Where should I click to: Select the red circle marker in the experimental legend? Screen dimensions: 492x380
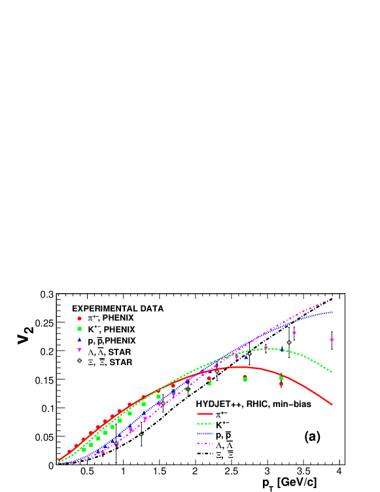point(80,318)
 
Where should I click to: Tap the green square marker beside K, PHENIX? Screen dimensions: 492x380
point(80,329)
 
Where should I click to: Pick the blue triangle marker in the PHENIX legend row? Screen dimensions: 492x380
point(80,340)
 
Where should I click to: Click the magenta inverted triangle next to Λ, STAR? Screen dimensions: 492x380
point(80,351)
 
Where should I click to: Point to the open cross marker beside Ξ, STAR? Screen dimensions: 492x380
point(80,361)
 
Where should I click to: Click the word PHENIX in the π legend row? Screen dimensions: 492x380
point(118,319)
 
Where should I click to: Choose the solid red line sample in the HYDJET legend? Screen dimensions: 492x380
point(205,414)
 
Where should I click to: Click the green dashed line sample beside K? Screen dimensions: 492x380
point(205,425)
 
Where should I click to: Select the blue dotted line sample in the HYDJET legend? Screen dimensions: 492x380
point(205,435)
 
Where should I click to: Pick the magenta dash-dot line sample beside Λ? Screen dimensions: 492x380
point(205,446)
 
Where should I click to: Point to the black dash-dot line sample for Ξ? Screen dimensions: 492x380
point(205,455)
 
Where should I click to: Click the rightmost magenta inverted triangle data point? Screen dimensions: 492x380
point(332,340)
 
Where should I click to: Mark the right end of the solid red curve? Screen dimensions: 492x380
point(332,404)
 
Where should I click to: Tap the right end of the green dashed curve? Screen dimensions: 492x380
point(332,372)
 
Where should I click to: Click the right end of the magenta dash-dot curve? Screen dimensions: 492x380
point(332,300)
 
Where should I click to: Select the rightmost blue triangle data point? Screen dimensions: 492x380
point(246,357)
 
